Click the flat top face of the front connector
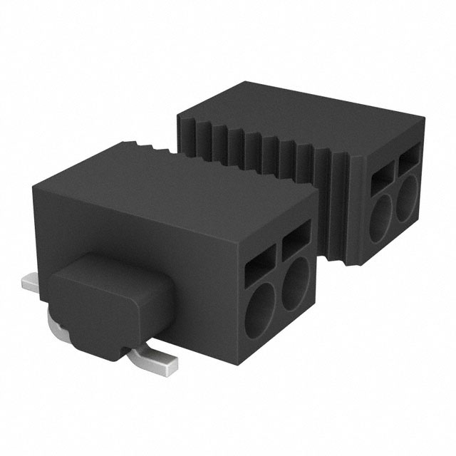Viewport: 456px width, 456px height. click(x=178, y=192)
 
